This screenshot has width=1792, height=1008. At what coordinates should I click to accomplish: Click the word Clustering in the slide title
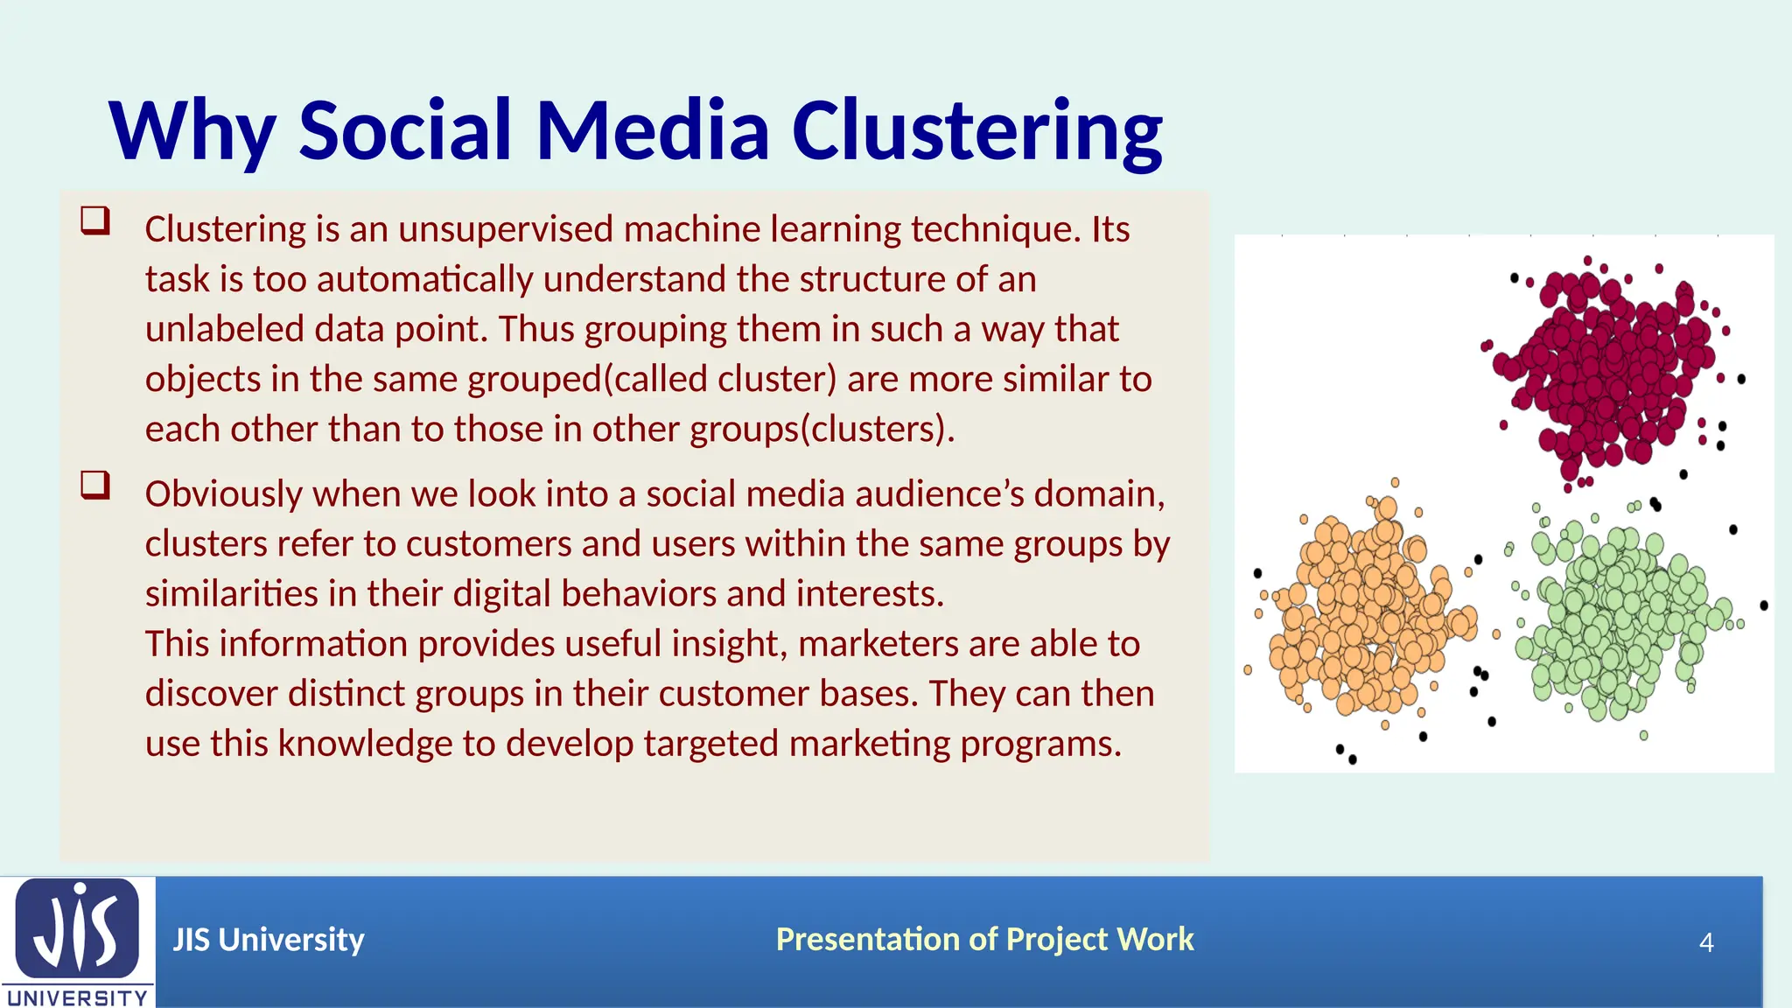coord(976,131)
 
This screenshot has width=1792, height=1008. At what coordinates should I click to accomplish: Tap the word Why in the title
coord(192,131)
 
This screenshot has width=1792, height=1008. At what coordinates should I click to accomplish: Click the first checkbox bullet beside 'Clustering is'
coord(95,220)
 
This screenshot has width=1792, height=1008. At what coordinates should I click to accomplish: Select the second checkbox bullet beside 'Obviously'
coord(95,484)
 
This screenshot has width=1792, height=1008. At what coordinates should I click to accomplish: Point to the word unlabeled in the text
coord(223,329)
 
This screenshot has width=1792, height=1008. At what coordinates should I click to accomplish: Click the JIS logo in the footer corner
coord(77,929)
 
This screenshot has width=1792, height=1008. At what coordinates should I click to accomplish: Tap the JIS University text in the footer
coord(268,940)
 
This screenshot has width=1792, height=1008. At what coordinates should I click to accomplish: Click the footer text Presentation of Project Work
coord(984,940)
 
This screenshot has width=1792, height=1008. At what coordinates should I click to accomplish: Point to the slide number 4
coord(1705,942)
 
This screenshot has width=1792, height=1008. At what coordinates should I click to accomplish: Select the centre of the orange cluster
coord(1361,612)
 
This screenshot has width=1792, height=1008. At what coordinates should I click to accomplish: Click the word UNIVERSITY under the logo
coord(77,997)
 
